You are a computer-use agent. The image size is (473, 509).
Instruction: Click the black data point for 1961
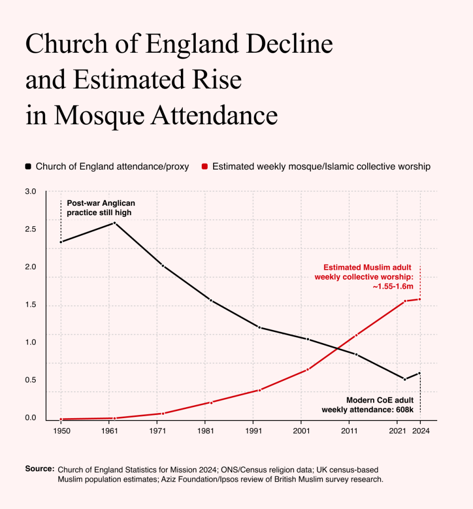click(114, 223)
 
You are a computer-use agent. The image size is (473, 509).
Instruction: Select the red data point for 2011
click(356, 335)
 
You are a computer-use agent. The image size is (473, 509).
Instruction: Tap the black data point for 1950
click(61, 242)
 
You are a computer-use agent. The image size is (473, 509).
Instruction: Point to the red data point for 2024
click(420, 299)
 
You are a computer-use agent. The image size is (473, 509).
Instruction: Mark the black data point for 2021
click(404, 379)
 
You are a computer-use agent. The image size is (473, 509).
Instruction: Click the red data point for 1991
click(259, 390)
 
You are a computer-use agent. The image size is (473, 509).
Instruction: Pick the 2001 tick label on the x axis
click(302, 431)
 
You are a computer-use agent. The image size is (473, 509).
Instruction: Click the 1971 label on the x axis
click(158, 431)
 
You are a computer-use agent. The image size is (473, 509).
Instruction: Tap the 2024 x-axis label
click(421, 431)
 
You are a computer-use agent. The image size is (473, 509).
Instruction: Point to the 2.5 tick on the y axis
click(30, 229)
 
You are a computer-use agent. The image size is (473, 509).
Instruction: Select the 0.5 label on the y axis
click(30, 380)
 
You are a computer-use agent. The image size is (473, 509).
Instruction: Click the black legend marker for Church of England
click(28, 167)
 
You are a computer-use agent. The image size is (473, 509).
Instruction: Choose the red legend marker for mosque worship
click(204, 167)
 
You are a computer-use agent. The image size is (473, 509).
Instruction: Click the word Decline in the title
click(289, 44)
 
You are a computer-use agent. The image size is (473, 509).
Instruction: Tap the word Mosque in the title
click(99, 115)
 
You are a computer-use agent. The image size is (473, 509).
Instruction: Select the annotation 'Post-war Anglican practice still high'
click(101, 208)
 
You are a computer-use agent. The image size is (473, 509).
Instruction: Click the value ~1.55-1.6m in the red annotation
click(393, 286)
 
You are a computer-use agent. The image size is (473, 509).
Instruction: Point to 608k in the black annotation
click(405, 410)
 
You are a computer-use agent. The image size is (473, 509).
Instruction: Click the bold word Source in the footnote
click(40, 469)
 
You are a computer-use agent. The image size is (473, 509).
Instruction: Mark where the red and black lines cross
click(338, 349)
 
